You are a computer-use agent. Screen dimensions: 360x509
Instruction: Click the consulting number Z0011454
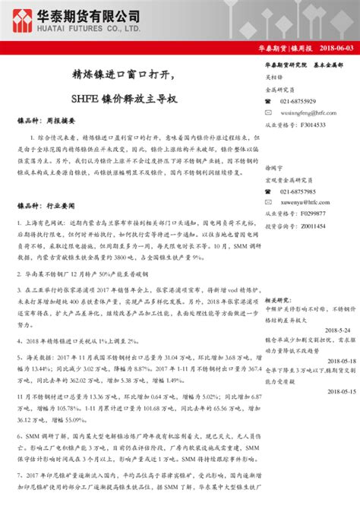312,226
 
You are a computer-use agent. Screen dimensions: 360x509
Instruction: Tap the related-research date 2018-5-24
334,330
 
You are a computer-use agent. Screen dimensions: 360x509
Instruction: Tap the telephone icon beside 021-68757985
269,192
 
